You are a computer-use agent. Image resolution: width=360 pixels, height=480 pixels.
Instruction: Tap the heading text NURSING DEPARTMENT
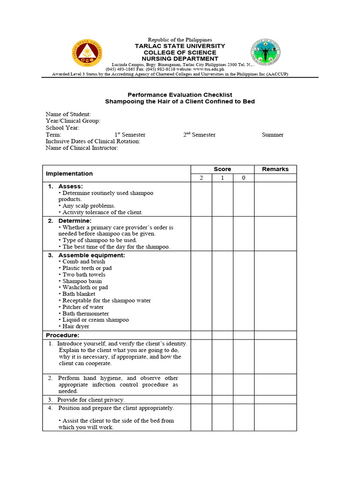click(x=180, y=59)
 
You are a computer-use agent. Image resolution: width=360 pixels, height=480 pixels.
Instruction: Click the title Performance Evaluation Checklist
click(x=180, y=95)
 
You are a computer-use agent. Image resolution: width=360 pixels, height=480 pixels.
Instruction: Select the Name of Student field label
click(x=68, y=114)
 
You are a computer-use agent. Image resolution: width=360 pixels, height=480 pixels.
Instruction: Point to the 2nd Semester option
click(x=199, y=135)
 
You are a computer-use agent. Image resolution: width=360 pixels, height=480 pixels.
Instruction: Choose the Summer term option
click(x=272, y=135)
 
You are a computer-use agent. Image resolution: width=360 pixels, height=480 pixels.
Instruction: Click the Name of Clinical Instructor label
click(x=82, y=148)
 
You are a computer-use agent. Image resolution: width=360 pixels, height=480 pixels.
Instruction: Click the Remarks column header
click(x=275, y=169)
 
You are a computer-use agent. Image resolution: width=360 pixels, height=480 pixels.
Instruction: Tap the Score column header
click(x=222, y=169)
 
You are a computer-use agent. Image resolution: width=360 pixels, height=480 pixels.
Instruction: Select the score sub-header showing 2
click(x=201, y=178)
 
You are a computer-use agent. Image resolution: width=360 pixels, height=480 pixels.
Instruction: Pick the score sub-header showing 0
click(x=243, y=178)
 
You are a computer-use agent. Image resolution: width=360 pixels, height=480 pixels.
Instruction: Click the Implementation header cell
click(x=69, y=173)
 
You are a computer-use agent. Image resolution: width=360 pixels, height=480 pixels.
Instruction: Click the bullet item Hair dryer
click(x=75, y=326)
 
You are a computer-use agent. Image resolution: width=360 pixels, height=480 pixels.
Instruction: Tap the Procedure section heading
click(x=62, y=335)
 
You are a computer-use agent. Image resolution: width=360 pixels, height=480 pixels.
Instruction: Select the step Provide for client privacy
click(x=91, y=400)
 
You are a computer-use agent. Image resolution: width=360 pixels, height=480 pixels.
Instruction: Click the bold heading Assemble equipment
click(x=91, y=255)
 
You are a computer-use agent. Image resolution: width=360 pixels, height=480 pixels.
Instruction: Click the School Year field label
click(x=62, y=128)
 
